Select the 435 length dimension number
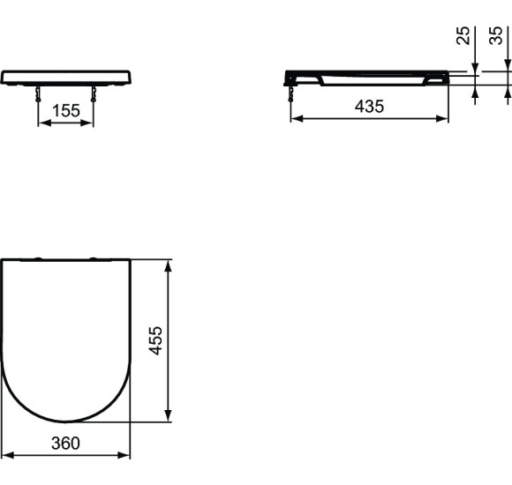369,107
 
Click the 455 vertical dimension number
155,340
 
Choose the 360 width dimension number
65,444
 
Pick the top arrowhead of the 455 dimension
168,265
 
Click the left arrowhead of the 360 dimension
5,456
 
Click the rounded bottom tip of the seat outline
65,422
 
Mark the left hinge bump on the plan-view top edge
37,258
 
